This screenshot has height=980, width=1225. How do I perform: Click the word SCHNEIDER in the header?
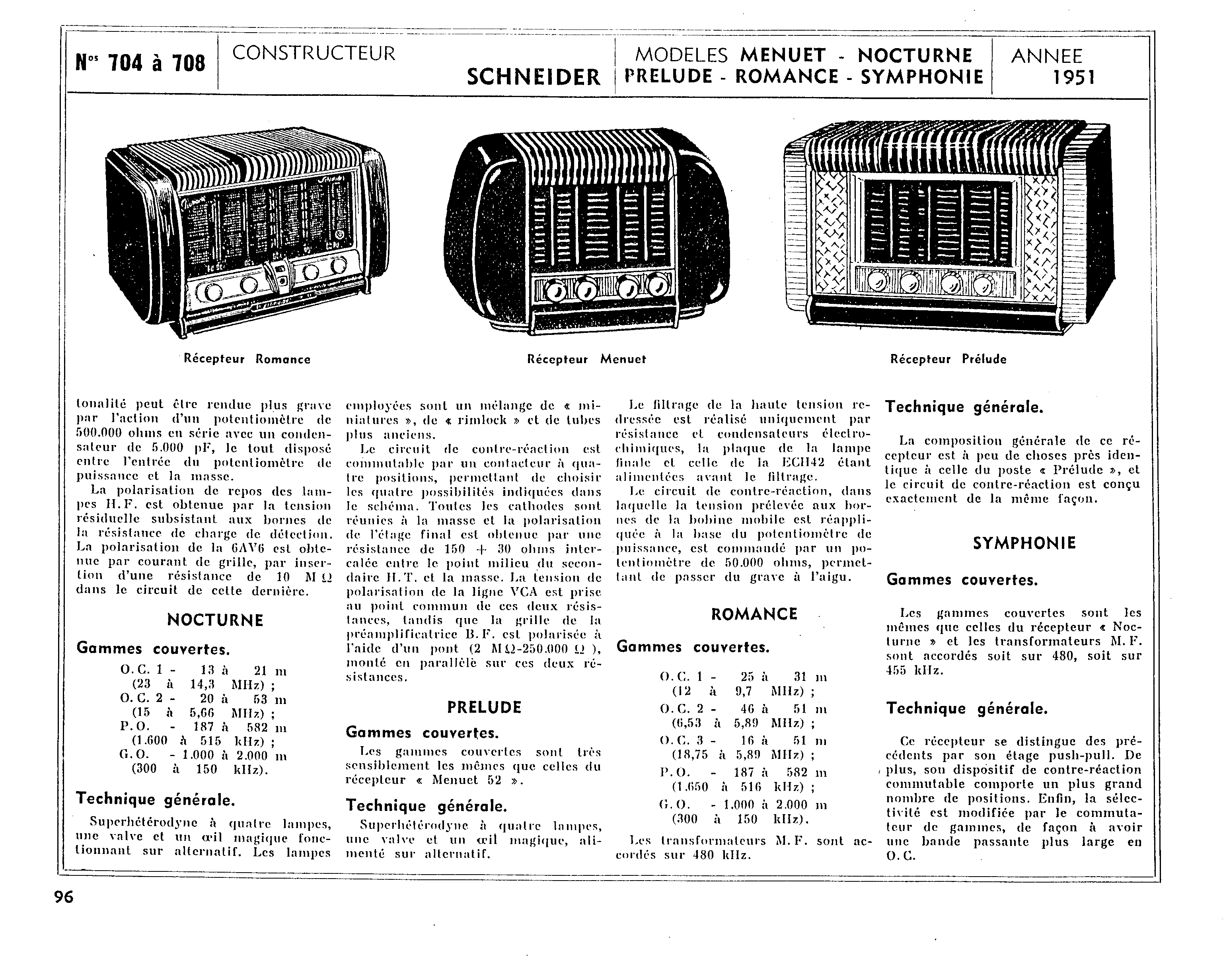(x=533, y=77)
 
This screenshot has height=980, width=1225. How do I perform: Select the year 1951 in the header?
(x=1073, y=77)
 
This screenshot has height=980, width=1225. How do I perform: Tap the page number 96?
(x=64, y=897)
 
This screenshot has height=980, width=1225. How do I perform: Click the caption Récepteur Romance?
(x=247, y=359)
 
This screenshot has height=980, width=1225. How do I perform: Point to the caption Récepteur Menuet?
(x=586, y=359)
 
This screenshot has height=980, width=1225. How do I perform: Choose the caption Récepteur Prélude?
(x=948, y=359)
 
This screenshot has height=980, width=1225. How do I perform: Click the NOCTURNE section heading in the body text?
(x=215, y=620)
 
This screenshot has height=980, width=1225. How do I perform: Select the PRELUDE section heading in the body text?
(x=484, y=707)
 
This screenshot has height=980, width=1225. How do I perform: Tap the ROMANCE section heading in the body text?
(x=754, y=614)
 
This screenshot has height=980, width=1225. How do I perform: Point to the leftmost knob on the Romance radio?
(x=213, y=292)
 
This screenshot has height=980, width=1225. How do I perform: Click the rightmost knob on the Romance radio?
(x=339, y=265)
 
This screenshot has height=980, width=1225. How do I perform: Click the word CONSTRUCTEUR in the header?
(x=313, y=53)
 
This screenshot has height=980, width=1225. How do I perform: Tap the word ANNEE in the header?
(x=1047, y=56)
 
